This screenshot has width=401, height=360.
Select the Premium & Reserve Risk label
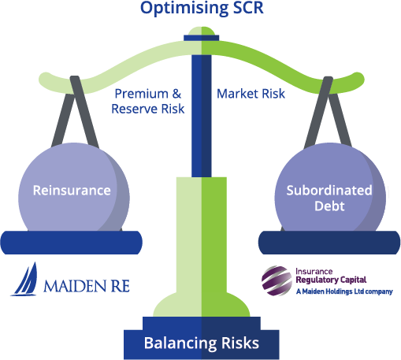pyautogui.click(x=148, y=102)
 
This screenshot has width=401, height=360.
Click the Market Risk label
pyautogui.click(x=251, y=94)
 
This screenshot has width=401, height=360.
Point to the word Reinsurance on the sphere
pyautogui.click(x=72, y=191)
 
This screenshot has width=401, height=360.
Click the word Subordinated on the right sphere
pyautogui.click(x=329, y=191)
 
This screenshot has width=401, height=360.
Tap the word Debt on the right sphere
pyautogui.click(x=329, y=206)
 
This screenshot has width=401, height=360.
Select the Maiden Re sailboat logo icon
pyautogui.click(x=24, y=279)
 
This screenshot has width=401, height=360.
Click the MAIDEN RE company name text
pyautogui.click(x=87, y=286)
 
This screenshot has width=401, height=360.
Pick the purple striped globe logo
pyautogui.click(x=277, y=280)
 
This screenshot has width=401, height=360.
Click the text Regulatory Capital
pyautogui.click(x=331, y=280)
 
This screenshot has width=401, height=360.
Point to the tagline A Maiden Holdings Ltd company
pyautogui.click(x=344, y=291)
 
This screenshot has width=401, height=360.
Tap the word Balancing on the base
pyautogui.click(x=180, y=343)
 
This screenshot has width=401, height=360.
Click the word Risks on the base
pyautogui.click(x=240, y=343)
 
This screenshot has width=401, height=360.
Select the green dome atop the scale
pyautogui.click(x=202, y=31)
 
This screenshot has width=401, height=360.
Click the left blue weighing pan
pyautogui.click(x=72, y=243)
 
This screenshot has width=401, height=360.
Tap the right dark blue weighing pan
pyautogui.click(x=329, y=243)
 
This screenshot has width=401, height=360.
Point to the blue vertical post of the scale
pyautogui.click(x=202, y=116)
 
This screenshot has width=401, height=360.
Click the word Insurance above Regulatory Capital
pyautogui.click(x=314, y=271)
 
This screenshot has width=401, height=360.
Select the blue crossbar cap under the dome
pyautogui.click(x=202, y=38)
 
